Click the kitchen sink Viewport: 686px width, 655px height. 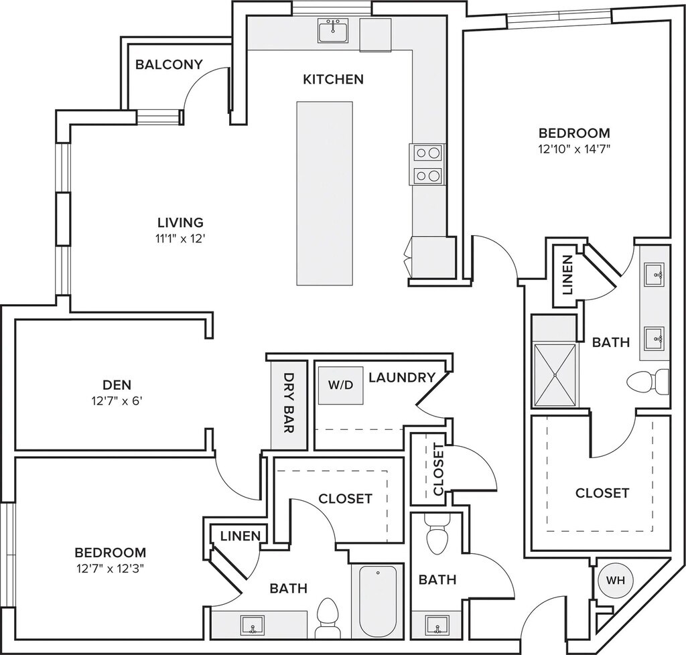(333, 31)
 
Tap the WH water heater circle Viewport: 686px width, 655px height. (615, 580)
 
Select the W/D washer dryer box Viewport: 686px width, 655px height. (340, 385)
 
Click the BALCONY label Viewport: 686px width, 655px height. (169, 64)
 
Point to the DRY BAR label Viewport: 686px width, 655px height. (289, 403)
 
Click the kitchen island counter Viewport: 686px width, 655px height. (325, 194)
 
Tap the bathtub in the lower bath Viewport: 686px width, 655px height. (378, 601)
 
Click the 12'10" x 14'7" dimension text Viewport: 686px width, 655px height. (574, 149)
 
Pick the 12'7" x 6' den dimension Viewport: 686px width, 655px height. (117, 401)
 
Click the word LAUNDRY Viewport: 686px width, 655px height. (402, 377)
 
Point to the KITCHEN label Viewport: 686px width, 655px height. (334, 79)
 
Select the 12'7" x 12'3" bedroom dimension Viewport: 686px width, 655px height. (111, 569)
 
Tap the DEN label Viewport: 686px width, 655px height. (117, 385)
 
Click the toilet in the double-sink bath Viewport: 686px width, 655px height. (648, 382)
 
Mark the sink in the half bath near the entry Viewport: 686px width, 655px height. (437, 626)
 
